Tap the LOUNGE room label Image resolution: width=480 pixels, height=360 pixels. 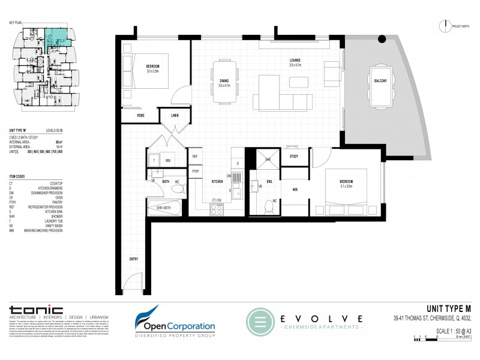click(x=295, y=62)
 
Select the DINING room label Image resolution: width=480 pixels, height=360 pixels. click(x=224, y=83)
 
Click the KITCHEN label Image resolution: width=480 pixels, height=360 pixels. click(x=217, y=181)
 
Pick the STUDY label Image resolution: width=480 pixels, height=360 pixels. click(x=294, y=157)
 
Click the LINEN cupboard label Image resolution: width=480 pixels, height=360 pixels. click(x=175, y=115)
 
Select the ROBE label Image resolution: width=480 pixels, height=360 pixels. click(x=140, y=115)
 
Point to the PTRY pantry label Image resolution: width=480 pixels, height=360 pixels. click(x=196, y=171)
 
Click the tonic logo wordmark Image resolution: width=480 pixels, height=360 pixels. click(x=36, y=310)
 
